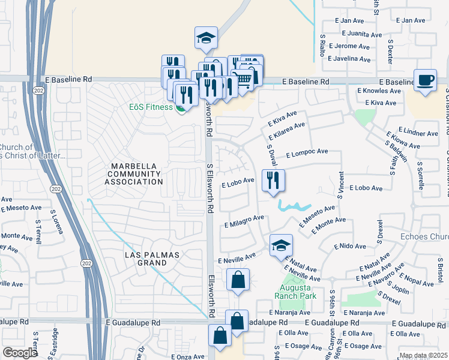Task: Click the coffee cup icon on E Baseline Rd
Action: coord(426,80)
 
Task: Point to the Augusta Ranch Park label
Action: coord(295,291)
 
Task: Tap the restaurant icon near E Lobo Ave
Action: coord(273,179)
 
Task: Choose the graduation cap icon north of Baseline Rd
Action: coord(206,38)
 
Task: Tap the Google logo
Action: coord(20,353)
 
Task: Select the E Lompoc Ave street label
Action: coord(307,154)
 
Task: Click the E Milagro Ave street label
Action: coord(244,221)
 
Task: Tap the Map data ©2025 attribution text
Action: coord(423,355)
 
